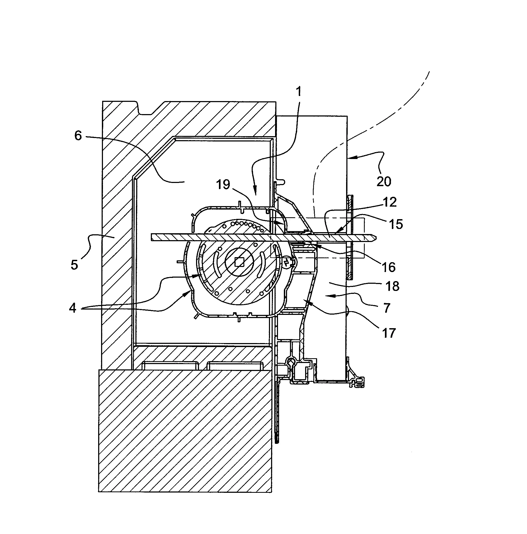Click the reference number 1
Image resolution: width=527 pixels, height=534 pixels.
[x=298, y=91]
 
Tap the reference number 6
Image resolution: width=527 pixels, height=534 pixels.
[x=78, y=136]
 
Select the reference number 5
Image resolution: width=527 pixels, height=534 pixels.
[x=74, y=265]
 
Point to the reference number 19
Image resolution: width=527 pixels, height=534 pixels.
[x=223, y=185]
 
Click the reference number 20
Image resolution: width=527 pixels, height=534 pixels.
[x=384, y=181]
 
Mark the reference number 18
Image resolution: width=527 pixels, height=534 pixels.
[x=393, y=286]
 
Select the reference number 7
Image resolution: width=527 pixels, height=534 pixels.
[x=387, y=308]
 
